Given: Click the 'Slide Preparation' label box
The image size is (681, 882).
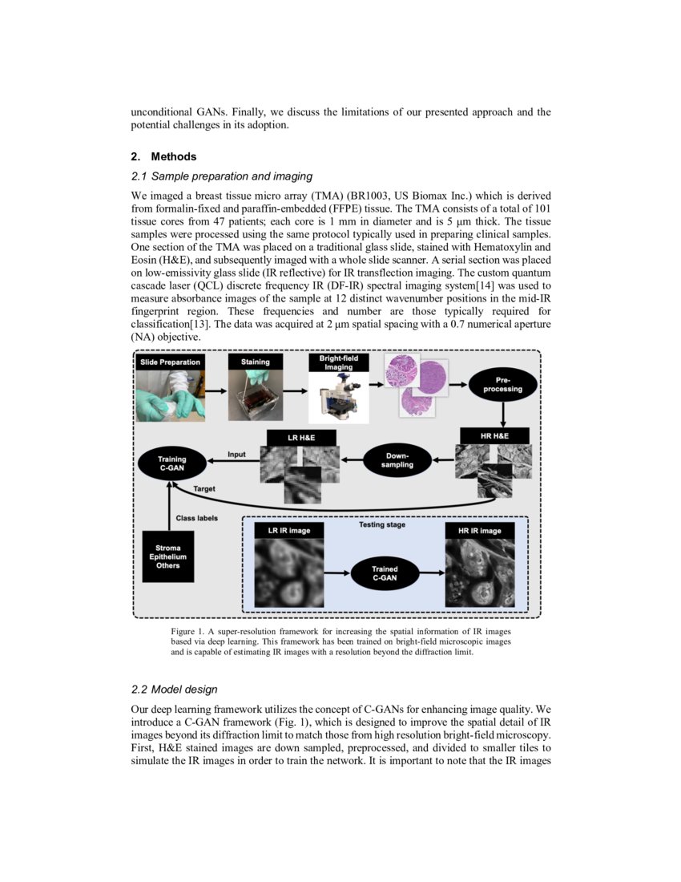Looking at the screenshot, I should coord(170,362).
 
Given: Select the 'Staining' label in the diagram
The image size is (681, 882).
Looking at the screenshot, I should coord(256,362).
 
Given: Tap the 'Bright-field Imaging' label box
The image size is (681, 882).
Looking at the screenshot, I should coord(339,362).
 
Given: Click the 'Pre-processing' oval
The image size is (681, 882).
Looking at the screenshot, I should coord(502,384).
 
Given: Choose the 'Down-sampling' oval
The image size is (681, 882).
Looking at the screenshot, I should coord(397,459).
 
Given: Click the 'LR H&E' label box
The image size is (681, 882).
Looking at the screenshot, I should coord(301,438).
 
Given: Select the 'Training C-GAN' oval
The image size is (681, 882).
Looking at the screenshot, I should coord(171,463).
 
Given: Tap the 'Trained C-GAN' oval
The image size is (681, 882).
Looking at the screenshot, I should coord(385,572).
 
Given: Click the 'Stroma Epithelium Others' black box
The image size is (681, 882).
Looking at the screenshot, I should coord(168,557).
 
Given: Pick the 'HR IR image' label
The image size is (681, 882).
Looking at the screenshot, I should coord(479,531).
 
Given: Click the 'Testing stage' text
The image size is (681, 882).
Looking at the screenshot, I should coord(383,525).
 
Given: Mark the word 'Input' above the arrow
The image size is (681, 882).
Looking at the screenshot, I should coord(236,454).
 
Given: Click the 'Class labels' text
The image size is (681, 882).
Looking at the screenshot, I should coord(196,518).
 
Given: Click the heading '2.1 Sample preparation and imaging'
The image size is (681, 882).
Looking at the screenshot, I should coord(220,176).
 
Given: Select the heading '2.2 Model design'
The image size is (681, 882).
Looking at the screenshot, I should coord(173,689).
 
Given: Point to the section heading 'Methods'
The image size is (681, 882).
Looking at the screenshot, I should coord(173,156).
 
